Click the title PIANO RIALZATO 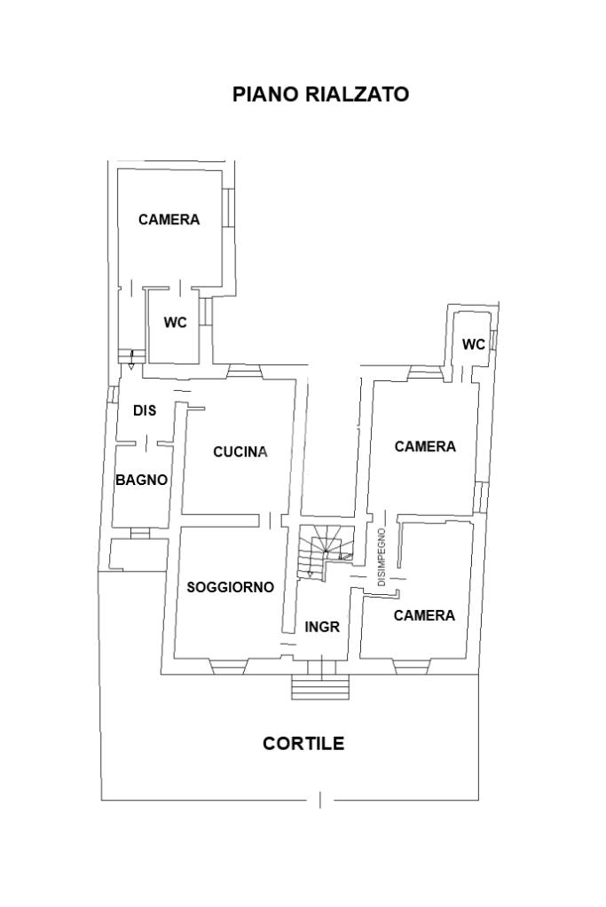pyautogui.click(x=320, y=94)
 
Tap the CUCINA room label pyautogui.click(x=240, y=451)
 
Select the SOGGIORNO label pyautogui.click(x=230, y=587)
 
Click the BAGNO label pyautogui.click(x=141, y=480)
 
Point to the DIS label pyautogui.click(x=145, y=410)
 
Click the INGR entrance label pyautogui.click(x=322, y=626)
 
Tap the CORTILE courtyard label pyautogui.click(x=303, y=744)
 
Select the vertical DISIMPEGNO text pyautogui.click(x=382, y=557)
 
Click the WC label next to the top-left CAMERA pyautogui.click(x=175, y=323)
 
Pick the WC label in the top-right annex pyautogui.click(x=474, y=344)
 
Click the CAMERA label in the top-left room pyautogui.click(x=169, y=220)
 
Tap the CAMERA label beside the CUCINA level pyautogui.click(x=425, y=447)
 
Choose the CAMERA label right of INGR pyautogui.click(x=424, y=615)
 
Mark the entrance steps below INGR pyautogui.click(x=321, y=686)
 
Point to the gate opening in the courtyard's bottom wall pyautogui.click(x=320, y=800)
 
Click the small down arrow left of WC pyautogui.click(x=132, y=359)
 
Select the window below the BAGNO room pyautogui.click(x=139, y=533)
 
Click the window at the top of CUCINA pyautogui.click(x=240, y=371)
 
